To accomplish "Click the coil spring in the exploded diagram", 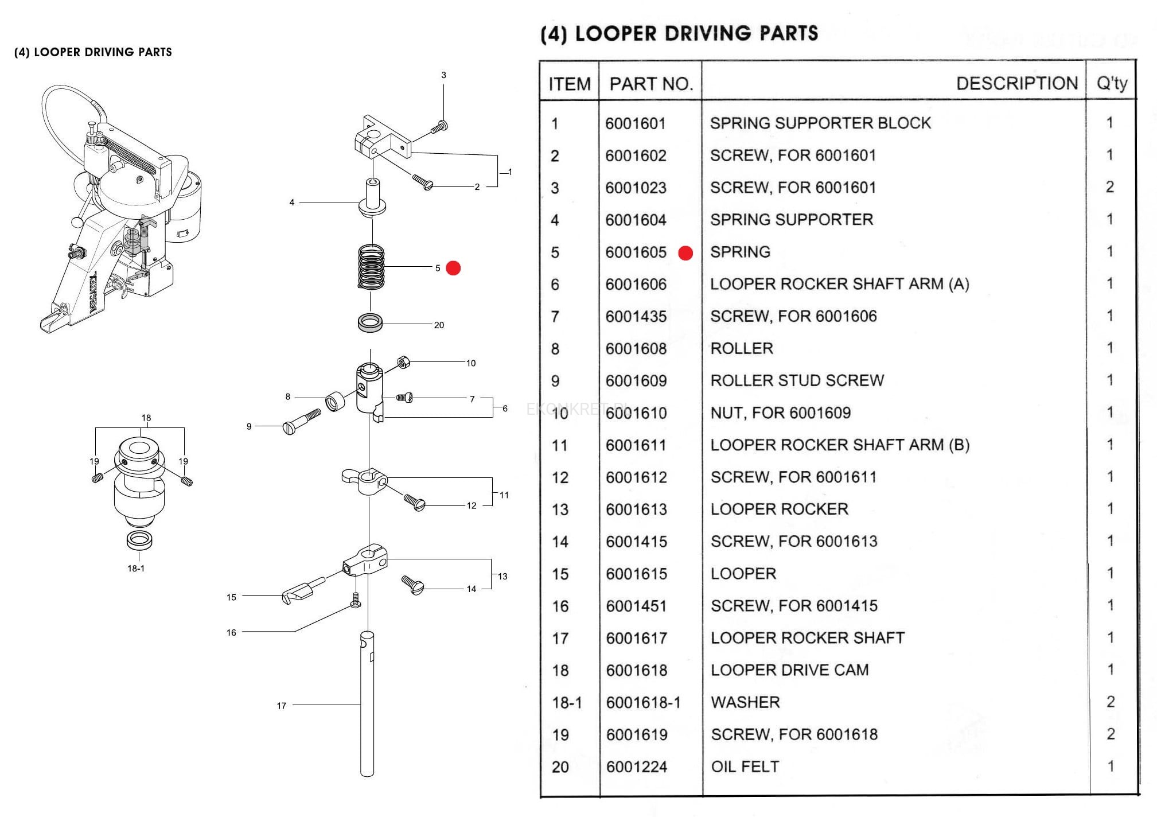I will coord(371,267).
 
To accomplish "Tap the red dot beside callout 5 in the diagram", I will coord(453,268).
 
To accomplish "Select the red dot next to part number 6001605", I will coord(685,253).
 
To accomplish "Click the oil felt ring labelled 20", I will coord(371,322).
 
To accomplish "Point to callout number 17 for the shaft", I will coord(281,706).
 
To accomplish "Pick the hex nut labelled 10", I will coord(403,362).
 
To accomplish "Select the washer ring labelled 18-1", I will coord(139,540).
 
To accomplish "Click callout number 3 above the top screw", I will coord(443,75).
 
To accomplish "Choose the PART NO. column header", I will coord(650,84).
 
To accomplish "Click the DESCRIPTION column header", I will coord(1016,83).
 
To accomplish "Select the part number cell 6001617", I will coord(637,638).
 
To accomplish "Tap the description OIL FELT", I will coord(745,767).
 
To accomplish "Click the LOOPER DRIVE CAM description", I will coord(789,670).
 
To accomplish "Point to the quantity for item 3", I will coord(1109,187).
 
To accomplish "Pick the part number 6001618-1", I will coord(643,702).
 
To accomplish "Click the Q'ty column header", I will coord(1112,84).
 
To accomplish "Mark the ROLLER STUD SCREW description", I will coord(797,380).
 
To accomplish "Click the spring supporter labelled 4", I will coord(373,198).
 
